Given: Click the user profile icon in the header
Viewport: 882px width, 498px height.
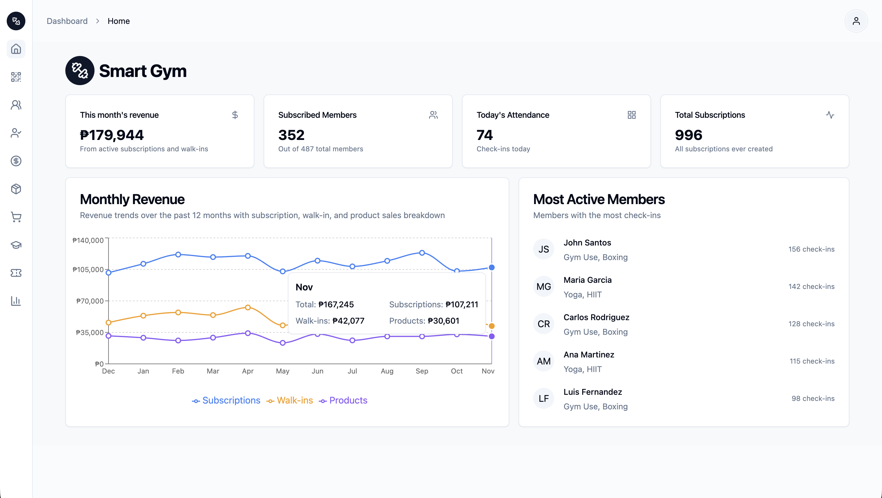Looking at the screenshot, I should click(856, 21).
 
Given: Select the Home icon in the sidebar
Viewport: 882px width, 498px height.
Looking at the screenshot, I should click(16, 49).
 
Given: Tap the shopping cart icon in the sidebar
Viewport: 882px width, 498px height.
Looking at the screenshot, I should click(16, 217).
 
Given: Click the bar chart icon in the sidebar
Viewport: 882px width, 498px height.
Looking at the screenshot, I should click(16, 301).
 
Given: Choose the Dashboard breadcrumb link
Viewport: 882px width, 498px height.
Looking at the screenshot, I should click(67, 21).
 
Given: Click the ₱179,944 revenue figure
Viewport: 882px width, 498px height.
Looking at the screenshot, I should click(112, 135).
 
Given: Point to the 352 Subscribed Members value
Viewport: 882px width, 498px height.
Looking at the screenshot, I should click(291, 135).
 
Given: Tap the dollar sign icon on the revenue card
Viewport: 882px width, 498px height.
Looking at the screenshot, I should click(235, 115).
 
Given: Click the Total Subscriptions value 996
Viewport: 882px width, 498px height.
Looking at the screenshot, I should click(688, 135).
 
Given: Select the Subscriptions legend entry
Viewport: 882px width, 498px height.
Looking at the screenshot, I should click(226, 400).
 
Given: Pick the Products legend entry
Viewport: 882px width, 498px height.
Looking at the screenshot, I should click(343, 400).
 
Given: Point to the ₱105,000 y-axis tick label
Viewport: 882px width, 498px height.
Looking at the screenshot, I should click(88, 270).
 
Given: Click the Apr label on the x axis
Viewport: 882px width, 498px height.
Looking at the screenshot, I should click(248, 371).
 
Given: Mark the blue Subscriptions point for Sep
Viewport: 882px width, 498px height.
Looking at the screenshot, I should click(422, 253).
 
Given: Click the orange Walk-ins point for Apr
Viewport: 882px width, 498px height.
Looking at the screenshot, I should click(248, 307).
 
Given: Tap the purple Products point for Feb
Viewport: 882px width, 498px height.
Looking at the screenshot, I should click(178, 341).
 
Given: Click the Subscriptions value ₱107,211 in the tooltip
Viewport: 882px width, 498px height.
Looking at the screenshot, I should click(461, 305).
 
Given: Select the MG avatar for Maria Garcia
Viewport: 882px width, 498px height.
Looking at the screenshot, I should click(543, 287).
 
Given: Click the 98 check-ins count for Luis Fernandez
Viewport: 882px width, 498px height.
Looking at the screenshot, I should click(813, 398).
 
